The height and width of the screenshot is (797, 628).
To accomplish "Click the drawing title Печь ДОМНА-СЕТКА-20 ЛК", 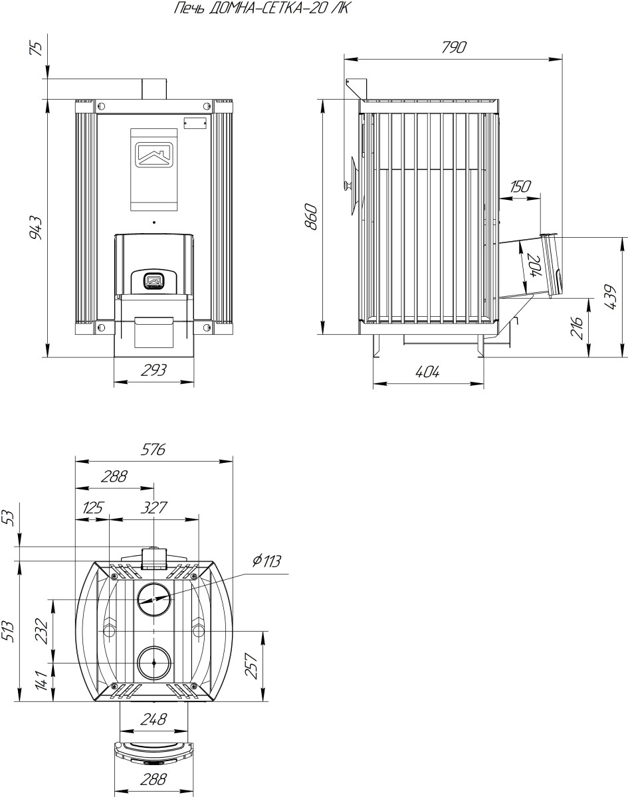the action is coord(261,8).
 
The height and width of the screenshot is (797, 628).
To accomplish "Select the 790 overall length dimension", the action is coord(454,47).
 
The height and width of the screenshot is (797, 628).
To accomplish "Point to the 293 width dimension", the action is coord(154,370).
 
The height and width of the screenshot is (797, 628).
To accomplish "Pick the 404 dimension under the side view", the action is coord(427,371).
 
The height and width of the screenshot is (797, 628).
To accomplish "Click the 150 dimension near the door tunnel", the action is coord(520,186).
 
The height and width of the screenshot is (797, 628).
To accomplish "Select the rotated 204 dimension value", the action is coord(534,266).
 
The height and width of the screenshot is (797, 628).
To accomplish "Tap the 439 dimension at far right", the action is coord(610,297).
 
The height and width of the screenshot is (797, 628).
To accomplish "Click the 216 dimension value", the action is coord(577,327).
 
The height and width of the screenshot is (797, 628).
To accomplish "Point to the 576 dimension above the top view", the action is coord(153,450).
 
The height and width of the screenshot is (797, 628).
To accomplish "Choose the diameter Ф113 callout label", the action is coord(266,561).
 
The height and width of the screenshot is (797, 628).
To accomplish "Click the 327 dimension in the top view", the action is coord(154,507).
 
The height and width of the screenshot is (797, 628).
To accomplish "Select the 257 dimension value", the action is coord(252,665).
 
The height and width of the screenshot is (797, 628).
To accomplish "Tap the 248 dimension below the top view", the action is coord(154,719).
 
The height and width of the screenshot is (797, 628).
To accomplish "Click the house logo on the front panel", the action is coord(154,155).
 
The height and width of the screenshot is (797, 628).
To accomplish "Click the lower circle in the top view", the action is coord(154,663).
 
